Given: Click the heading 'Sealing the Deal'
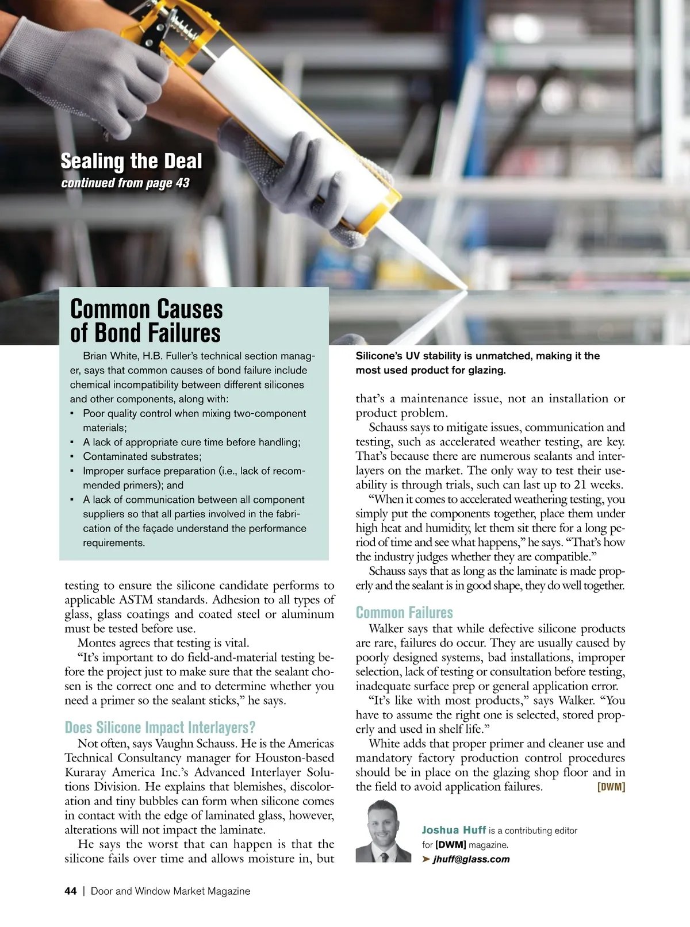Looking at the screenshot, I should tap(131, 161).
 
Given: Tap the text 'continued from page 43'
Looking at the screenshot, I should tap(125, 183).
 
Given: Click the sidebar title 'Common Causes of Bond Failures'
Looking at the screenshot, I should tap(146, 321).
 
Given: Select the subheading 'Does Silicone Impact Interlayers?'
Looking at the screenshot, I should tap(160, 727).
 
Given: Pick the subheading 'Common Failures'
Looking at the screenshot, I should tap(404, 612).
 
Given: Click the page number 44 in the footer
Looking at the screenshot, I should tap(70, 891).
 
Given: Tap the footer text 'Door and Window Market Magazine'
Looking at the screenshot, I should tap(170, 891).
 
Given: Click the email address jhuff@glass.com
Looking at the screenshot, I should tap(471, 859).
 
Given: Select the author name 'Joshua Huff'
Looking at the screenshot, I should tap(454, 830).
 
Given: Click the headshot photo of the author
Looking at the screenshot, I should tap(383, 831).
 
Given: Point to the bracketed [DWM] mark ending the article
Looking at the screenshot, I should tap(611, 787).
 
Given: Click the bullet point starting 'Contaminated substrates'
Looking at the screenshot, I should tap(142, 456).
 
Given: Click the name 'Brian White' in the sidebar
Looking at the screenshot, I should tap(109, 356).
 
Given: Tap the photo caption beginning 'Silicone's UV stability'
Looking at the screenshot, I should tap(477, 363).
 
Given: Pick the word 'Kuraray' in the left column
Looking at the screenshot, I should tap(86, 772).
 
